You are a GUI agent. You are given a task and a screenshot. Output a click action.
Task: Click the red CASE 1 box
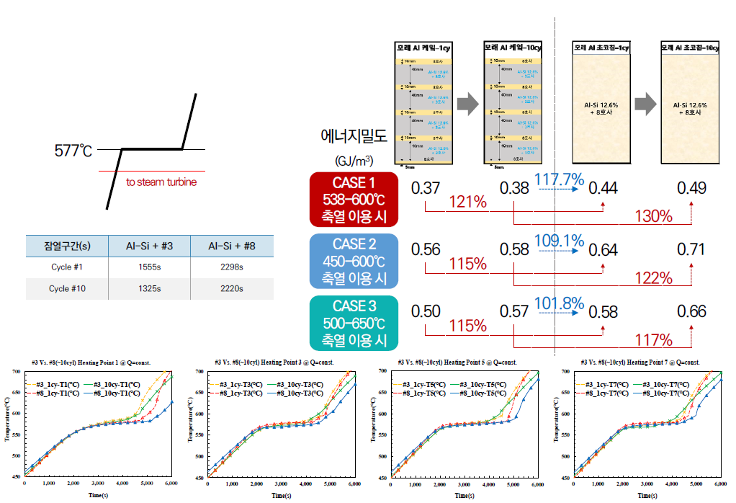pos(354,198)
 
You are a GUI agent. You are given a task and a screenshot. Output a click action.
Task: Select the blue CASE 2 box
pos(354,260)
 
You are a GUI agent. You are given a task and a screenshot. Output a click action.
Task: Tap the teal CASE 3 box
pos(354,322)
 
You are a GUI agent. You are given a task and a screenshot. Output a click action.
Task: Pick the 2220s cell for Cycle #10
pos(232,288)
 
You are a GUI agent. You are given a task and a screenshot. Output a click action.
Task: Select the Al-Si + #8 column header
pos(232,246)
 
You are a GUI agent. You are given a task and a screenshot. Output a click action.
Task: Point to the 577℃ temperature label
pos(74,151)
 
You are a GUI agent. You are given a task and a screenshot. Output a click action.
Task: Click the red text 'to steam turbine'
pos(161,182)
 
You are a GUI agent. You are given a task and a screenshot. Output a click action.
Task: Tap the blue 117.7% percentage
pos(558,178)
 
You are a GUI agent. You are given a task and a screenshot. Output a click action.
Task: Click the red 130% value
pos(654,215)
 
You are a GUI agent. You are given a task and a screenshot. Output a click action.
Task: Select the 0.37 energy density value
pos(426,188)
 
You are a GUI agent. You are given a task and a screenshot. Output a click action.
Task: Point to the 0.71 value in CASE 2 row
pos(691,250)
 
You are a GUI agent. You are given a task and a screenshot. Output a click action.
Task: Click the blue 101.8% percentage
pos(558,303)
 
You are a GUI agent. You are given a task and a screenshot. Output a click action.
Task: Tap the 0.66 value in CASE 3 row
pos(691,312)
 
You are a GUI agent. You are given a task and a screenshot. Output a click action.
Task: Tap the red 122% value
pos(654,278)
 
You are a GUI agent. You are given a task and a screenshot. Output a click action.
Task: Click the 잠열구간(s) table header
pos(66,246)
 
